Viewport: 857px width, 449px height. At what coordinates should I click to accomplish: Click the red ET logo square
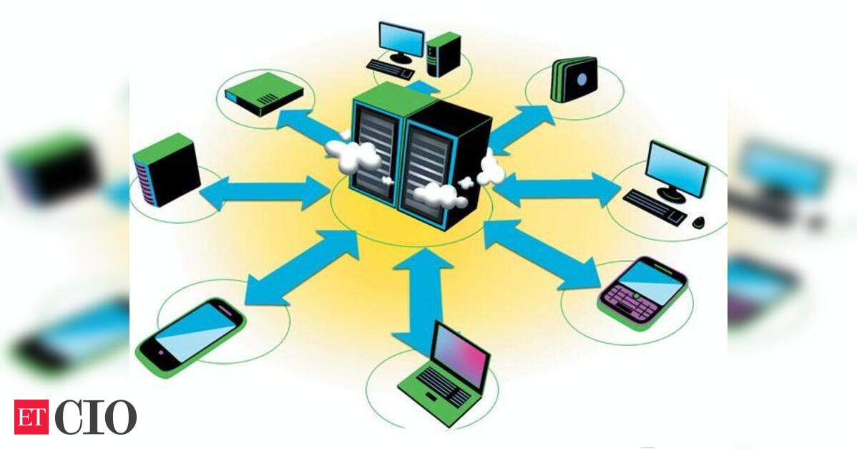(x=31, y=417)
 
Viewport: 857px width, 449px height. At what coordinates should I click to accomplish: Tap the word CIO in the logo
(x=95, y=417)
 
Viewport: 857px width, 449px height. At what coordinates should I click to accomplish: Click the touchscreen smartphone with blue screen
(x=190, y=337)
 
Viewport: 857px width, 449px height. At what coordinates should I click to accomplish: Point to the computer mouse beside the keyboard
(x=698, y=222)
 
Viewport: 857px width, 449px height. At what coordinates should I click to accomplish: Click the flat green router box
(x=264, y=94)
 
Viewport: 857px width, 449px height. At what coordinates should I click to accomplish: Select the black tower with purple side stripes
(x=166, y=170)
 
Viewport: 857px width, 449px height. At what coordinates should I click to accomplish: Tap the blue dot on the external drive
(x=582, y=80)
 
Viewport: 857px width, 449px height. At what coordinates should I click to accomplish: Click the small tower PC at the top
(x=444, y=54)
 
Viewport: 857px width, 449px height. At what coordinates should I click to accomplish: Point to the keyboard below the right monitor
(x=655, y=207)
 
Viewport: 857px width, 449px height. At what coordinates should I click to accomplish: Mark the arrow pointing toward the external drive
(x=521, y=129)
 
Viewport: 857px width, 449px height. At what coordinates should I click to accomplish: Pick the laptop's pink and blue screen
(x=460, y=354)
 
